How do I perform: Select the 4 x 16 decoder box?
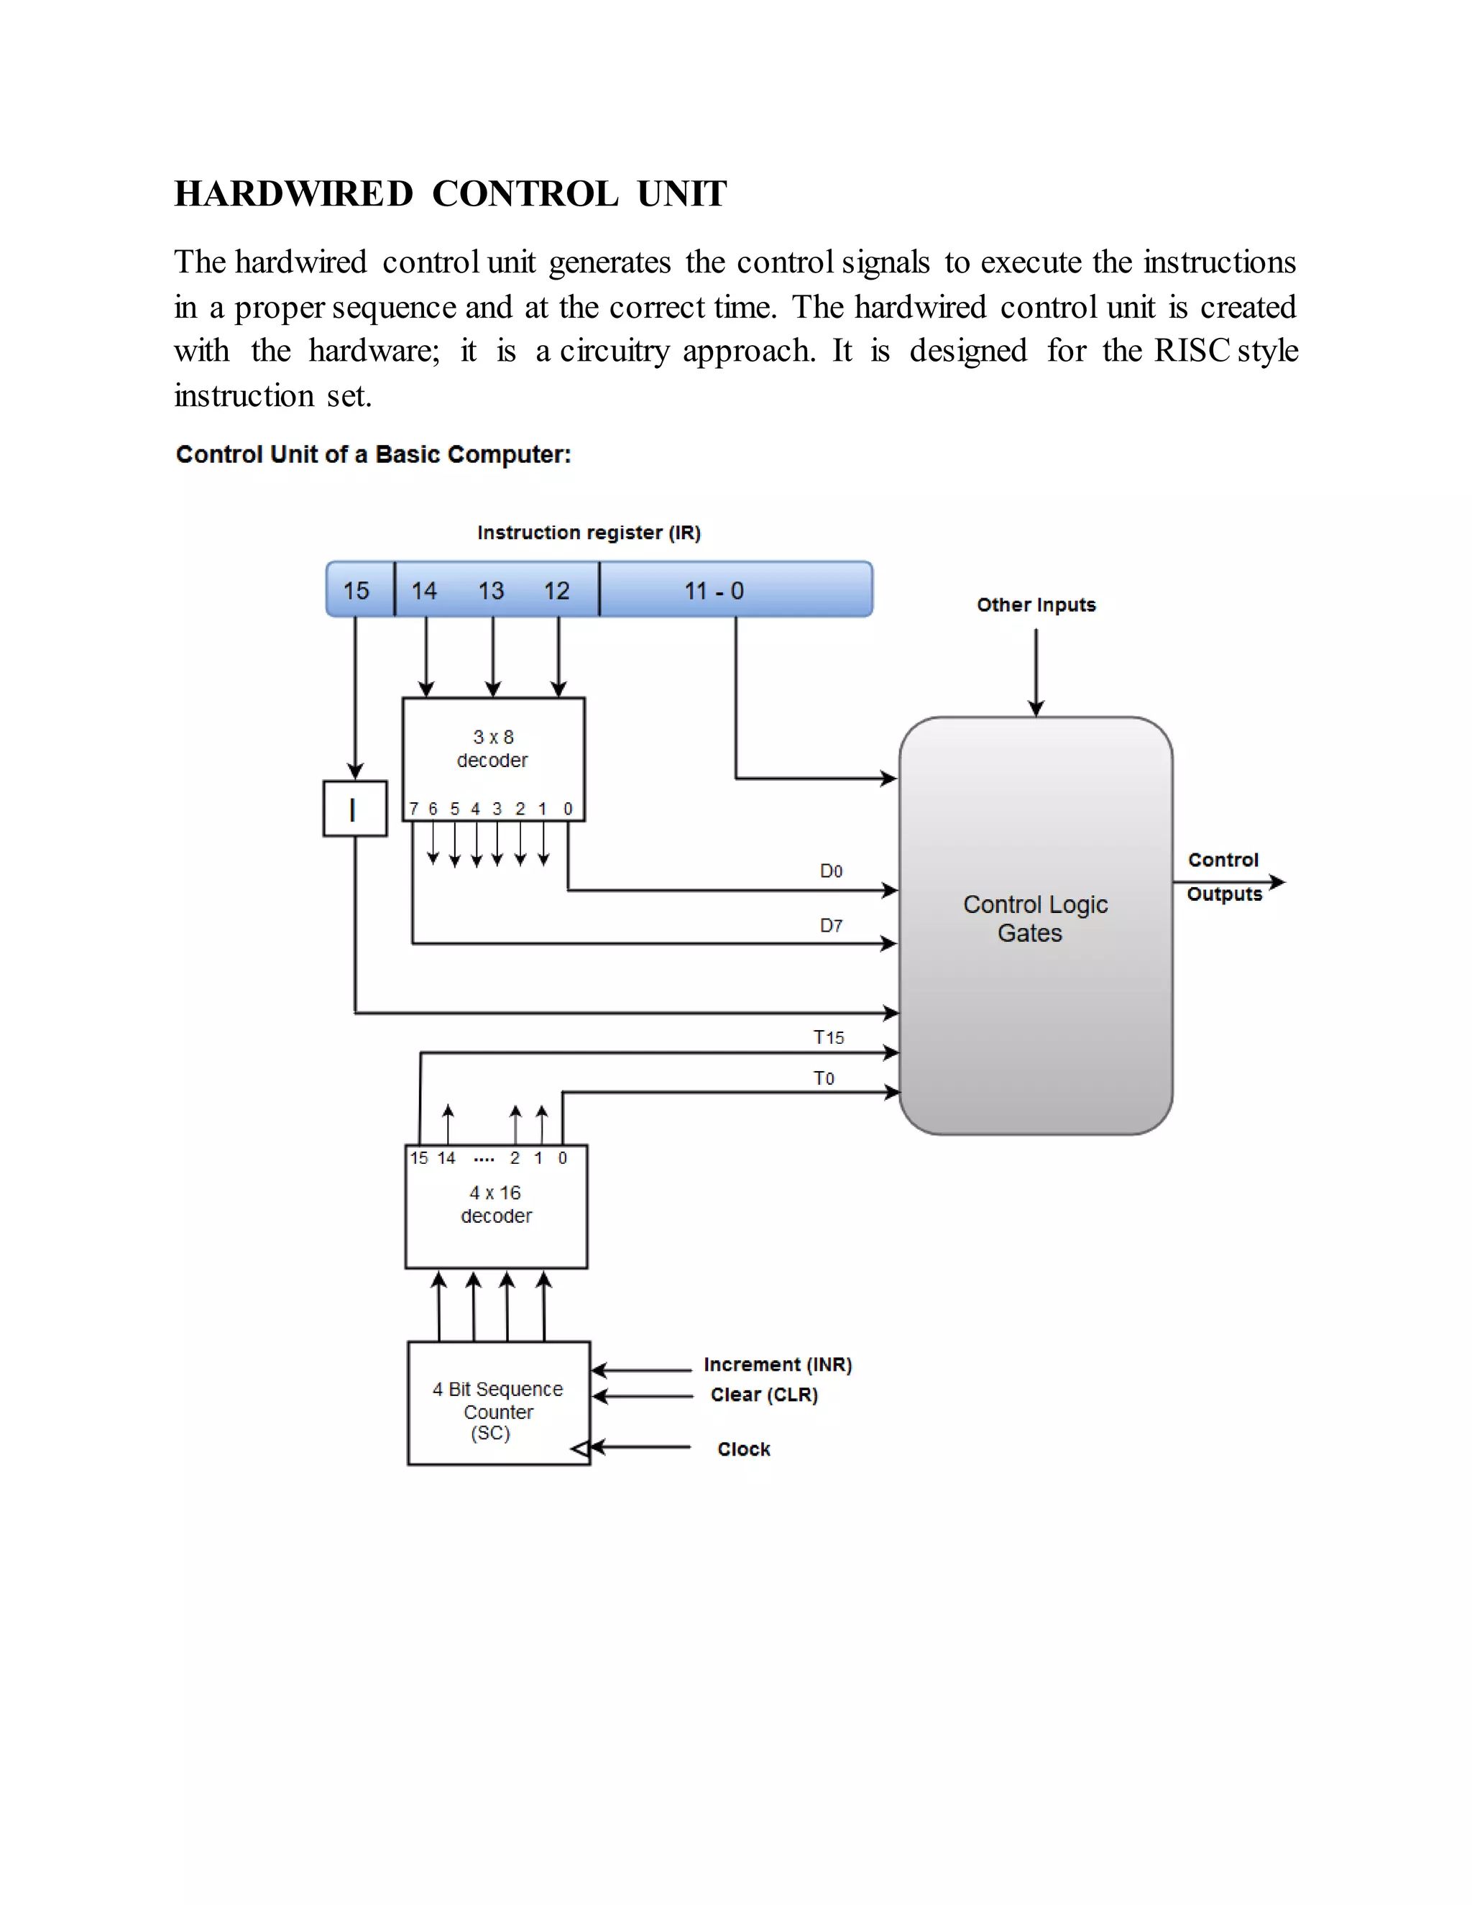point(496,1206)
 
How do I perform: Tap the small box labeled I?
point(354,809)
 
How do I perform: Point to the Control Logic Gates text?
point(1034,919)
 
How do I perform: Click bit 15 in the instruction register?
point(356,590)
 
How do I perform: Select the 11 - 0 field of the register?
point(713,590)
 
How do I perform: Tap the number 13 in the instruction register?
point(491,590)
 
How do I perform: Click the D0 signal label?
point(830,871)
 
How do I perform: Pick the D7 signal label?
point(830,924)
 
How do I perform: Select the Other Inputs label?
point(1035,605)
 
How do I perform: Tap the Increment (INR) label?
point(777,1364)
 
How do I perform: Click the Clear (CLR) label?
point(764,1394)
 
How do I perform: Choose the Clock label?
point(743,1449)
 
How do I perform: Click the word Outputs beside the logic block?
point(1223,894)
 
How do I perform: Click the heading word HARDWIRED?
point(293,193)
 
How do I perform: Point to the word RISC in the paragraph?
point(1190,351)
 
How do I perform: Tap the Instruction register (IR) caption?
point(589,532)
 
